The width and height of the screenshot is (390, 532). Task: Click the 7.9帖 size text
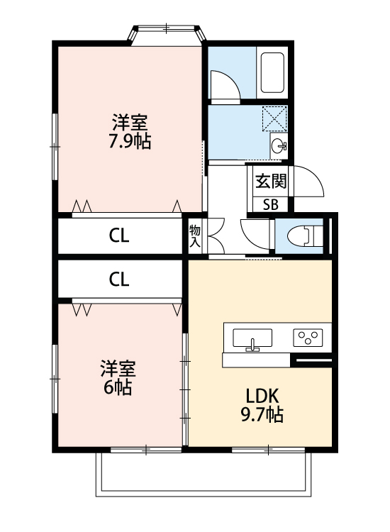pos(129,140)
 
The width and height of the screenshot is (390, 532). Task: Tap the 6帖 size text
pos(117,388)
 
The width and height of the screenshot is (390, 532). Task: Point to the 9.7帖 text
pos(264,415)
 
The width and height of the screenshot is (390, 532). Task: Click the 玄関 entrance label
pos(271,181)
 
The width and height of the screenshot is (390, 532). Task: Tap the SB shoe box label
pos(271,205)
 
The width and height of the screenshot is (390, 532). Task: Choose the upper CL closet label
pos(119,236)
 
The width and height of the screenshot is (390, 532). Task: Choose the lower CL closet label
pos(119,279)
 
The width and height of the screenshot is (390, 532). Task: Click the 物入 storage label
pos(195,235)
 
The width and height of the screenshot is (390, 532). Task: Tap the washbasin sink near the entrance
pos(279,147)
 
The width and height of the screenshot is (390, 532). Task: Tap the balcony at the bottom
pos(204,474)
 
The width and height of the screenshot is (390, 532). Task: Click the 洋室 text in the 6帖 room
pos(117,369)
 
